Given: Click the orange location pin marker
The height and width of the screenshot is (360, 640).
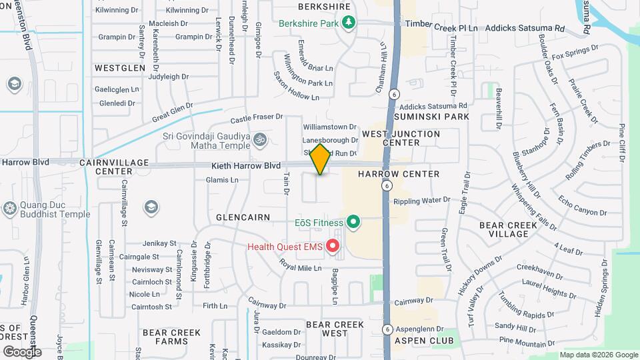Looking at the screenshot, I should pos(321,159).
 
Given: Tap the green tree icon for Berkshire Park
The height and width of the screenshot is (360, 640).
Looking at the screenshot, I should pos(348,23).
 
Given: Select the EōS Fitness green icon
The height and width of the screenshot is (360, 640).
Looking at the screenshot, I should pos(353,223).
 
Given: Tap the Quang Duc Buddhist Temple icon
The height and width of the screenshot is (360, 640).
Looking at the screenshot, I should pos(9,209).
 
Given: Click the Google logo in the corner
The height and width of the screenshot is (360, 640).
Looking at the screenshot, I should pos(21,351).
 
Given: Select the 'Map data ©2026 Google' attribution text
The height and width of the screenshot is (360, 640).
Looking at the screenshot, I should pos(598,355).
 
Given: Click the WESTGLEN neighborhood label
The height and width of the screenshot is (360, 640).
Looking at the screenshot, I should pos(120,68).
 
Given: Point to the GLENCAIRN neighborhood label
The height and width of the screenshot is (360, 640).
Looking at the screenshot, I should pos(243,217).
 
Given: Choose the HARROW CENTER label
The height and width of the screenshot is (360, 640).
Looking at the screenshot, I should pos(399,174).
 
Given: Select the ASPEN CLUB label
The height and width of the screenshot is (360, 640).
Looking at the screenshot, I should pos(423,341).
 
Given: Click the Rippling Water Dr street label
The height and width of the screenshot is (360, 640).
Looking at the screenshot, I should pos(422,199).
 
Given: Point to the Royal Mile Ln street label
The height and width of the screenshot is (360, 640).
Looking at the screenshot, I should pos(300,269).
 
